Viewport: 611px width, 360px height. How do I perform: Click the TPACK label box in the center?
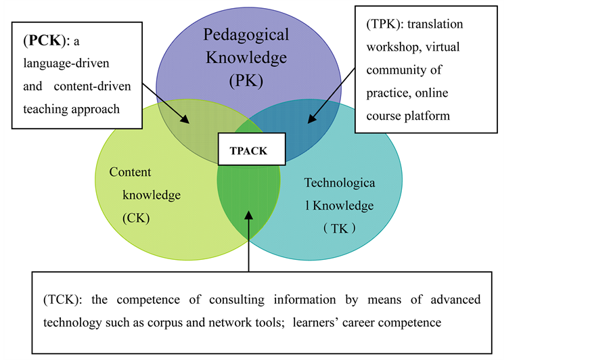click(x=248, y=150)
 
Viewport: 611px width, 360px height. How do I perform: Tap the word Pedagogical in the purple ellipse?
click(x=247, y=35)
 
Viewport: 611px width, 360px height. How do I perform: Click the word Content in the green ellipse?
click(x=130, y=173)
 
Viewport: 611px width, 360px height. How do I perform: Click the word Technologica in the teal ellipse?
click(x=344, y=182)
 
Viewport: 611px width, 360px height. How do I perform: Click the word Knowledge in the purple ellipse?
click(x=246, y=58)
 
